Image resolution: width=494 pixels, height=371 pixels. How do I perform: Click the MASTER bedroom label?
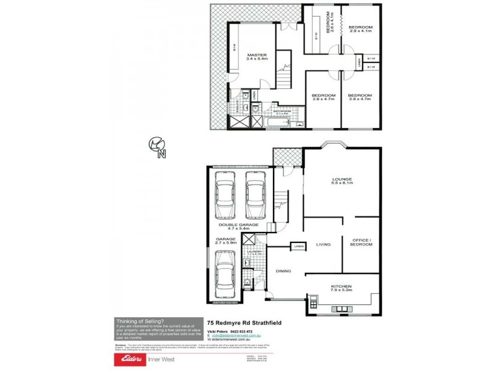tap(256, 56)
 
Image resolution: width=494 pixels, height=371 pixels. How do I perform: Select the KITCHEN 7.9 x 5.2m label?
tap(341, 288)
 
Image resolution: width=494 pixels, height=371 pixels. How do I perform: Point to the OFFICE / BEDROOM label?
tap(362, 242)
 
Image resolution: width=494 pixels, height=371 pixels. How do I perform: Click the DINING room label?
tap(283, 270)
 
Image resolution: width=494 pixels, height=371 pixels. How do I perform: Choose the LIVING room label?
tap(324, 244)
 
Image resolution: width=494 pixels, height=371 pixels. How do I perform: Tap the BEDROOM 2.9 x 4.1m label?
tap(360, 29)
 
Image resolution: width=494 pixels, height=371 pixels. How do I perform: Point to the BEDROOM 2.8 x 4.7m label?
tap(360, 97)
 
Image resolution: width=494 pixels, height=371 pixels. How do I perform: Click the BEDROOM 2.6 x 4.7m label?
tap(324, 97)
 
